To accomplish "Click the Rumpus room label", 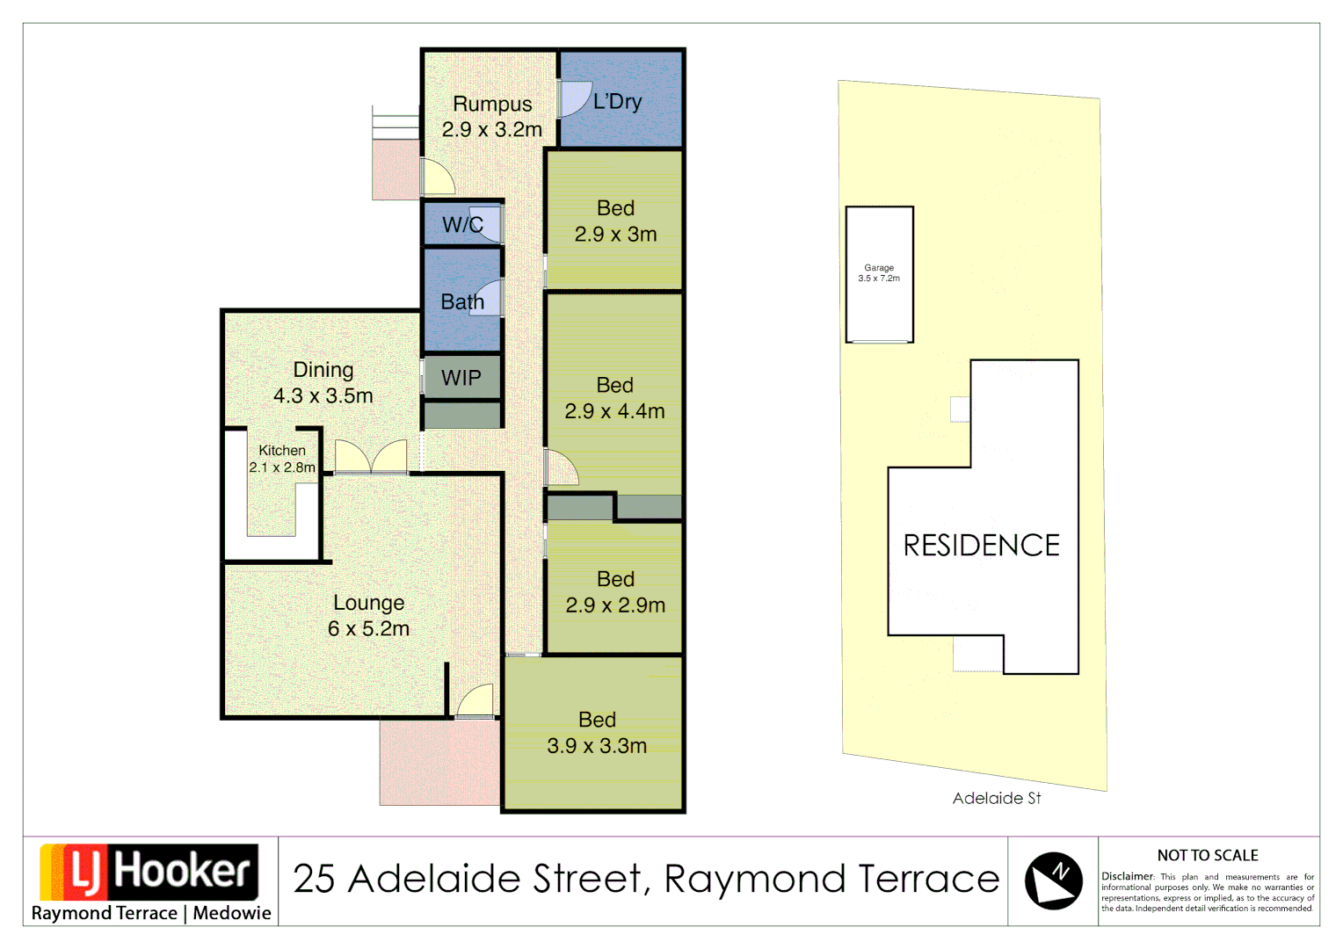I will (x=492, y=105).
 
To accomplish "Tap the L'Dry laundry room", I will (x=618, y=102).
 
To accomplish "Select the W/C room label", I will (x=462, y=225).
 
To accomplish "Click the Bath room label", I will (x=462, y=302).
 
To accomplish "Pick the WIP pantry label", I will (x=461, y=378).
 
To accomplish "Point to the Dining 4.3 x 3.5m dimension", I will (x=323, y=396).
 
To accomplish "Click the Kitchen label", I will (x=282, y=450).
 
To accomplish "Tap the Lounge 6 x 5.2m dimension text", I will (x=368, y=629).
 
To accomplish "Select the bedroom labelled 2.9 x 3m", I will (x=615, y=221).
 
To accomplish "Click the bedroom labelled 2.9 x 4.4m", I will (x=614, y=398).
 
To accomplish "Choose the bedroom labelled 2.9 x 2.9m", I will (x=615, y=592).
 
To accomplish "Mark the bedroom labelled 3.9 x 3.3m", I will (x=597, y=733).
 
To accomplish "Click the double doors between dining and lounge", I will (x=371, y=457).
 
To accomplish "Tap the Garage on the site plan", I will (x=879, y=273).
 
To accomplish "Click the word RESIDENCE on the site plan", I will (x=982, y=546).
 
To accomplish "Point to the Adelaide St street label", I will (x=997, y=798).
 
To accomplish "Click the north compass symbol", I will (x=1053, y=880).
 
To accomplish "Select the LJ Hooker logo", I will (x=149, y=873).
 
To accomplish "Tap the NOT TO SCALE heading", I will (x=1208, y=855).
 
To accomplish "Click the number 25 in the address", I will (x=314, y=879).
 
